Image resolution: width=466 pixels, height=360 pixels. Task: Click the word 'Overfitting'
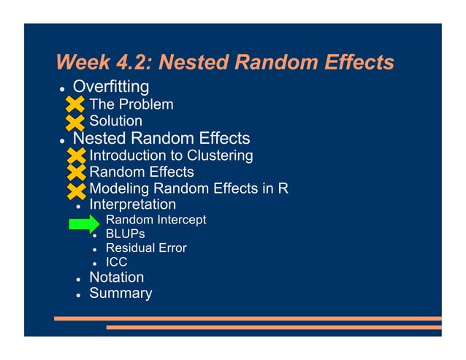[x=111, y=88]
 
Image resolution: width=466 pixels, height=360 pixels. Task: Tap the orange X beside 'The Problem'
[x=75, y=105]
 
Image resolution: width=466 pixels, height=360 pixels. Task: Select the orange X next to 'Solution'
[x=75, y=121]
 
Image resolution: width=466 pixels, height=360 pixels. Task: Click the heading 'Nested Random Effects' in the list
[x=161, y=139]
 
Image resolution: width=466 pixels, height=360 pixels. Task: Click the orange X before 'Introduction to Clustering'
[x=75, y=156]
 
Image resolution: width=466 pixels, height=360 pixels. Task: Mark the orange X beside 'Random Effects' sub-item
[x=75, y=173]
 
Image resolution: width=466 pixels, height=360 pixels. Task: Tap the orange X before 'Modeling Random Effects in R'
[x=75, y=190]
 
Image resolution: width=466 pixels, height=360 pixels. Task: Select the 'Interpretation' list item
[x=132, y=205]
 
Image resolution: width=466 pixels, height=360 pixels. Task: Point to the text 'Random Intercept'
[x=156, y=220]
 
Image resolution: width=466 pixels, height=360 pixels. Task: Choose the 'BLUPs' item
[x=125, y=234]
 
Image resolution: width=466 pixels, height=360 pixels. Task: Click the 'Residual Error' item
[x=146, y=248]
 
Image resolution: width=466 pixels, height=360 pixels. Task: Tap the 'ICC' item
[x=117, y=262]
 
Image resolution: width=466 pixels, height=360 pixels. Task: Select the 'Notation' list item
[x=116, y=277]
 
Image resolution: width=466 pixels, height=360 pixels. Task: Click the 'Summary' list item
[x=121, y=294]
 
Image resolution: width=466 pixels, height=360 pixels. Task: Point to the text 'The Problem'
[x=131, y=104]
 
